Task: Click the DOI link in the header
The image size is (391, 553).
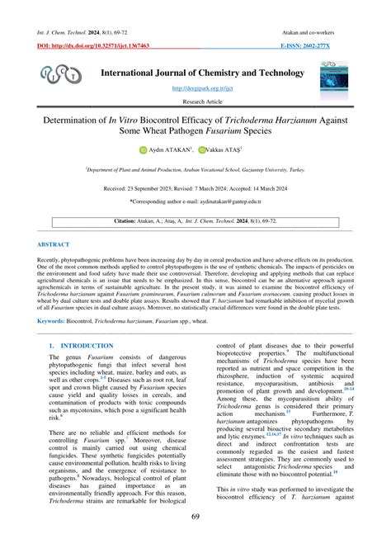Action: coord(93,46)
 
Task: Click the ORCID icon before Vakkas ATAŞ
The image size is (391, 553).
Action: coord(200,151)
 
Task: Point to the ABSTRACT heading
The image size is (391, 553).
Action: coord(54,245)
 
